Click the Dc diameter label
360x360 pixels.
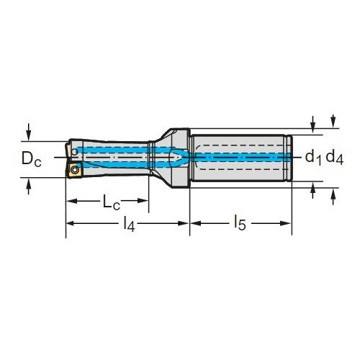(32, 158)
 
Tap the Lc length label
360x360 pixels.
(111, 202)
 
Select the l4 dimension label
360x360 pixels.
(129, 224)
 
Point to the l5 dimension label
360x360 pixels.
(240, 222)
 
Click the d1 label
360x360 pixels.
(313, 158)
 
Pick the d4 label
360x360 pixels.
(335, 158)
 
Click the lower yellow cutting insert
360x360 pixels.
(75, 170)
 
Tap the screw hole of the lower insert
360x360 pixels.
(75, 170)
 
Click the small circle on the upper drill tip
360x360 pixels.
(75, 152)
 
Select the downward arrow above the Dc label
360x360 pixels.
(29, 132)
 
